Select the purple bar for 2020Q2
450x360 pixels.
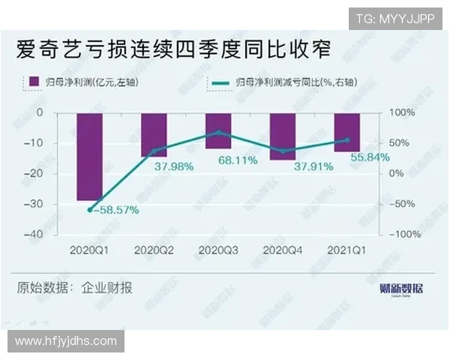[154, 134]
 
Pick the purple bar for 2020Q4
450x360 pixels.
[283, 136]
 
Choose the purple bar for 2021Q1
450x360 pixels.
[347, 132]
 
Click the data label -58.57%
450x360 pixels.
[114, 211]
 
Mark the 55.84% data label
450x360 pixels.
[367, 157]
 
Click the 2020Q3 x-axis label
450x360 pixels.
[218, 250]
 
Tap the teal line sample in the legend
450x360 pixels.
[219, 81]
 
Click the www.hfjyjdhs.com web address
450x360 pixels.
[66, 341]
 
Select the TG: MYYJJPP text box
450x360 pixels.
[394, 19]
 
